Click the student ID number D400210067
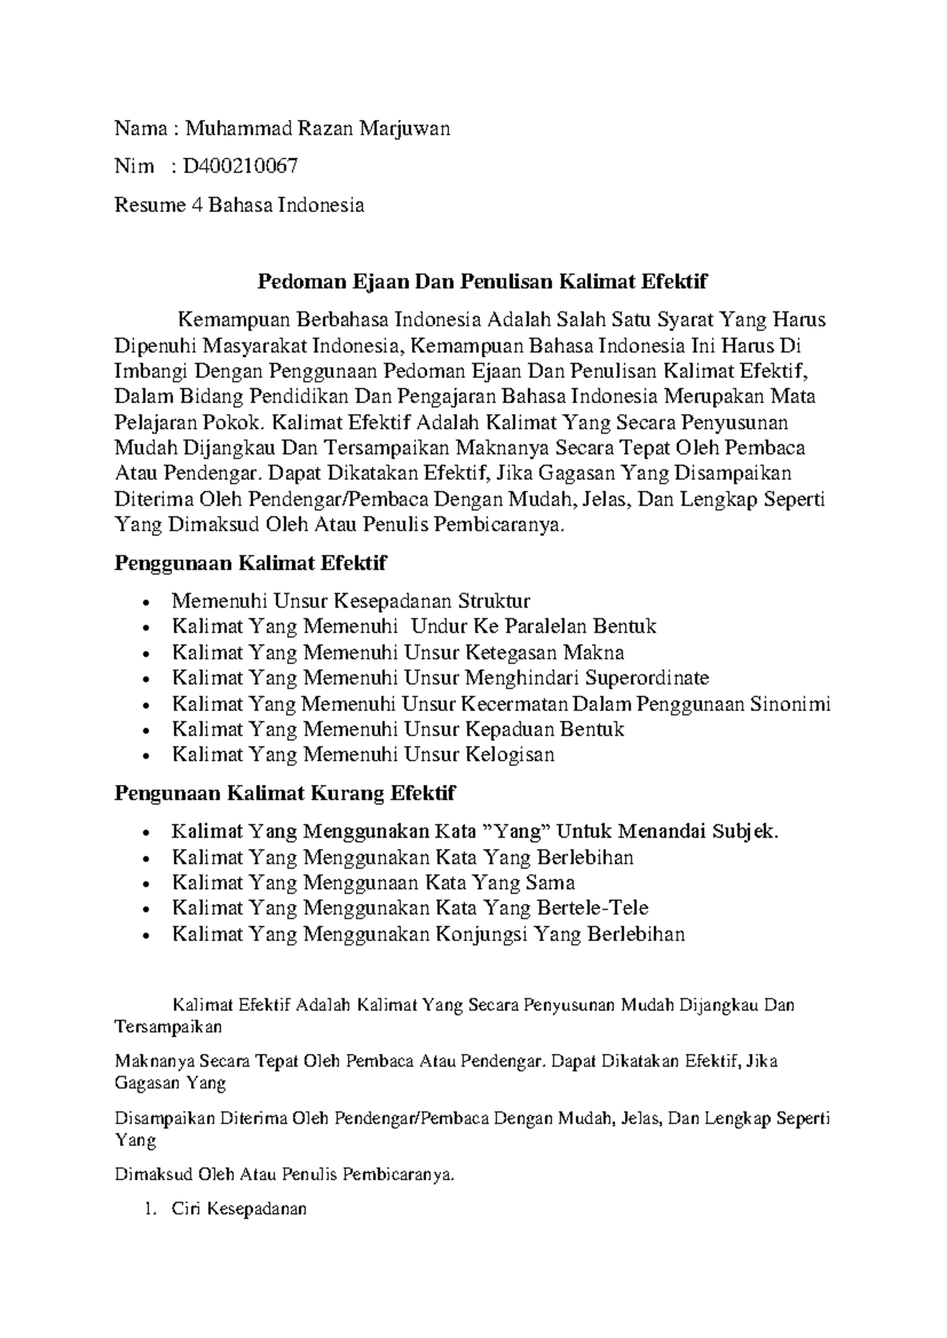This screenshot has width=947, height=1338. pyautogui.click(x=240, y=166)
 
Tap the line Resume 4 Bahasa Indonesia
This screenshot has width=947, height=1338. pyautogui.click(x=239, y=205)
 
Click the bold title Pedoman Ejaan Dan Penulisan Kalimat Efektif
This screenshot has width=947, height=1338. pyautogui.click(x=484, y=281)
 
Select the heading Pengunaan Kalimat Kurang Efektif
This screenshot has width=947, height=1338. pyautogui.click(x=285, y=792)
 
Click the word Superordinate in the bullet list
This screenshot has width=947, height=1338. pyautogui.click(x=647, y=678)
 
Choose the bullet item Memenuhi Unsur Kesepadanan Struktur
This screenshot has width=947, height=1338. pyautogui.click(x=350, y=601)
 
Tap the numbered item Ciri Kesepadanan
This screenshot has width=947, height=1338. pyautogui.click(x=238, y=1209)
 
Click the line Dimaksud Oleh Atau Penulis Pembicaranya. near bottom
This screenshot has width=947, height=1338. pyautogui.click(x=285, y=1174)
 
